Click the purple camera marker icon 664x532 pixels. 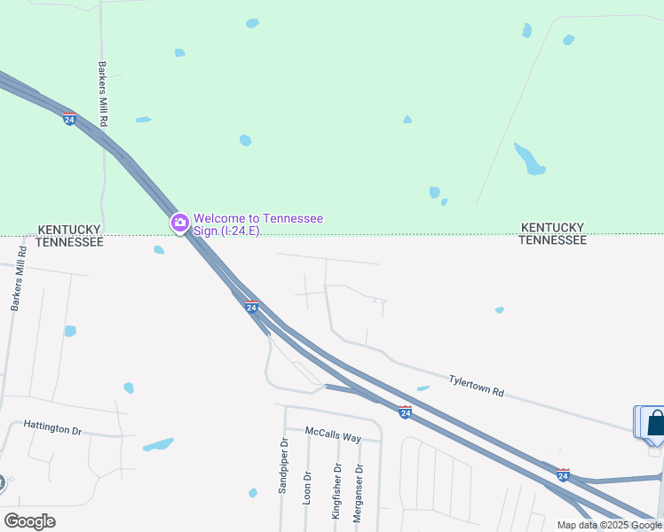pos(180,222)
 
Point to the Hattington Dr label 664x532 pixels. pos(52,428)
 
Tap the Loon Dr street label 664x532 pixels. pos(306,488)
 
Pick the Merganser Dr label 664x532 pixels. pos(359,493)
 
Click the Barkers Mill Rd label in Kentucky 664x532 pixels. pos(103,93)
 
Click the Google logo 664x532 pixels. pos(29,521)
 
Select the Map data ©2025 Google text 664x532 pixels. pos(609,525)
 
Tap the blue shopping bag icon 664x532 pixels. pos(655,422)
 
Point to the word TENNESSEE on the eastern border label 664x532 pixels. pos(552,240)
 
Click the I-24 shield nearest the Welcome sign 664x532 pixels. pos(251,306)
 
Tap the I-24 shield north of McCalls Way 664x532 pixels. pos(405,412)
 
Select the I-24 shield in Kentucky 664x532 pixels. pos(69,119)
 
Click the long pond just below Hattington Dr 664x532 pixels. pos(157,444)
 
